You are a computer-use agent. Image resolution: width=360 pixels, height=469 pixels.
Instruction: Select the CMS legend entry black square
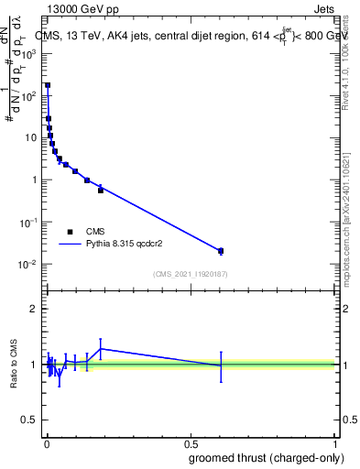coord(70,232)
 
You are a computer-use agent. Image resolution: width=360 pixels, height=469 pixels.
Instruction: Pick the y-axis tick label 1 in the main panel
coord(34,180)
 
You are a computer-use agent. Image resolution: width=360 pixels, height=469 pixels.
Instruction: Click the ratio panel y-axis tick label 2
coord(34,309)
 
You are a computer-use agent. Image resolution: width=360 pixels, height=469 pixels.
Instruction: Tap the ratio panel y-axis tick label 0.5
coord(30,421)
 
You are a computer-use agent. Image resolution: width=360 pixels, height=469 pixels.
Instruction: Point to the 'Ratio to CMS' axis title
coord(14,365)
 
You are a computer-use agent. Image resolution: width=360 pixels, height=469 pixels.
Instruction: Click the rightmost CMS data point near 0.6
coord(221,250)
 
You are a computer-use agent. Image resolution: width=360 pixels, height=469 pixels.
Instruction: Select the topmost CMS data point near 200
coord(48,85)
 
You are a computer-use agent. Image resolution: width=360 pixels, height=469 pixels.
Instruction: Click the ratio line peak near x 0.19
coord(101,348)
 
